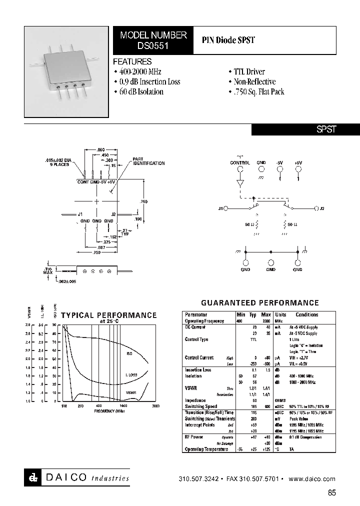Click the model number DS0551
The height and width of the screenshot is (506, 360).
153,44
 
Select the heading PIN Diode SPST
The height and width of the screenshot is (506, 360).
228,40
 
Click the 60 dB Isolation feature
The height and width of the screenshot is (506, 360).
141,92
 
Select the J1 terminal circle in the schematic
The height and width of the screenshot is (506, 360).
226,208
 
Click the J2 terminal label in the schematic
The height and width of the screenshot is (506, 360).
322,208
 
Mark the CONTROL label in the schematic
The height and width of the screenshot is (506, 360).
240,163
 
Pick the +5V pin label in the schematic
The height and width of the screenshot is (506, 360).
298,163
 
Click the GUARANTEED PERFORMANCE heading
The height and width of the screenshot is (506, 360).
259,303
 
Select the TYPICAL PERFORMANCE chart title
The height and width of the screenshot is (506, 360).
108,315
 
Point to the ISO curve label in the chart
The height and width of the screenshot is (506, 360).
128,353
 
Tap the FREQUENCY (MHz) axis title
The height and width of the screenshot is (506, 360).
109,411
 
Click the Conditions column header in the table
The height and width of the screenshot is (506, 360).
306,315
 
